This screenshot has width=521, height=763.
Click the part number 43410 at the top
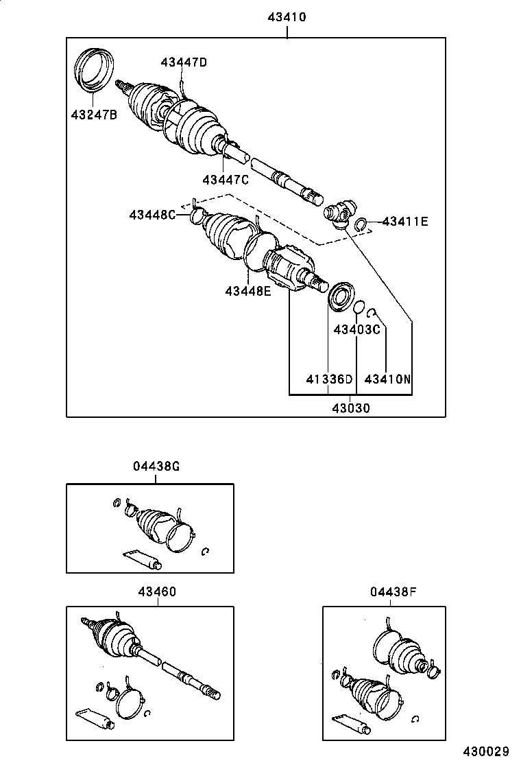[x=287, y=17]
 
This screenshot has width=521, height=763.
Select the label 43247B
[x=94, y=115]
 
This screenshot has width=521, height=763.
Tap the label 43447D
[x=184, y=62]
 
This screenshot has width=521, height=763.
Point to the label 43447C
[x=226, y=180]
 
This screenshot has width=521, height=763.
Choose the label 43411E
[x=405, y=221]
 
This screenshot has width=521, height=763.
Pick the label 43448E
[x=248, y=291]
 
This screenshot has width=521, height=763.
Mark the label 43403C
[x=356, y=329]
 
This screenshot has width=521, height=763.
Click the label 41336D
[x=329, y=379]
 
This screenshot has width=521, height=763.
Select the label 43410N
[x=388, y=379]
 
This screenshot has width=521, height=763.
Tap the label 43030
[x=351, y=408]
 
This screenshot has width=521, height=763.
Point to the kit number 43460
[x=158, y=591]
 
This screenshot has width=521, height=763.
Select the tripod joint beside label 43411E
[x=339, y=212]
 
